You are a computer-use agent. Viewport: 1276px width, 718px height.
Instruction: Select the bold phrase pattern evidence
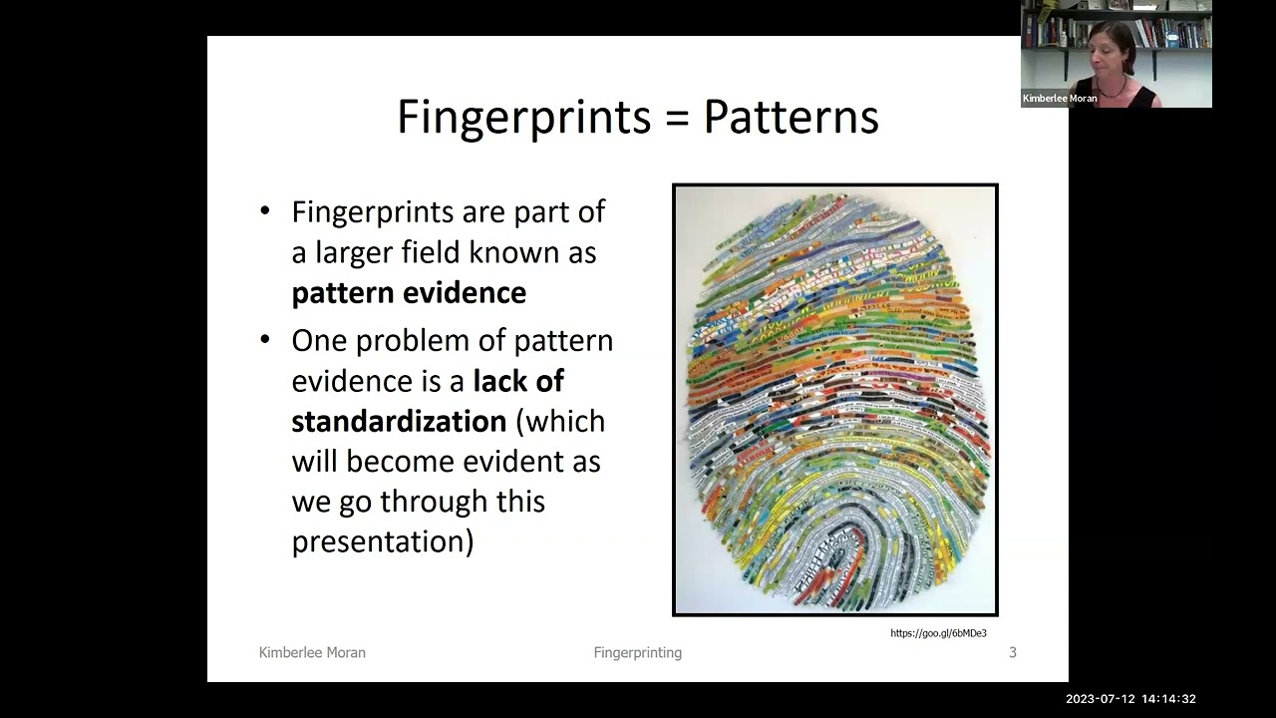coord(409,293)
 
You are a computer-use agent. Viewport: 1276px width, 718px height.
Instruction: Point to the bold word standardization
coord(399,421)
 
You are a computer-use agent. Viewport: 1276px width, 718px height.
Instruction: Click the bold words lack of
coord(518,381)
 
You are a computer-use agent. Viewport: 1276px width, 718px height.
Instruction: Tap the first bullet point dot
coord(265,211)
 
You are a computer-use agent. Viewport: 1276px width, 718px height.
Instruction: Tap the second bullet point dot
coord(265,340)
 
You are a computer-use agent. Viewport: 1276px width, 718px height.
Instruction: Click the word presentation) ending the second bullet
coord(382,541)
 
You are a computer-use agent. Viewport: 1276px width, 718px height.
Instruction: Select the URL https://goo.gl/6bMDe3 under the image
coord(938,633)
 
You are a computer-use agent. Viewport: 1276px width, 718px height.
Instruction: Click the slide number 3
coord(1013,652)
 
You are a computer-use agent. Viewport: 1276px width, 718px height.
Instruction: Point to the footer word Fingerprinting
coord(638,652)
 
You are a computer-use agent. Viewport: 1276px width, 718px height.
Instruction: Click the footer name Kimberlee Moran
coord(312,652)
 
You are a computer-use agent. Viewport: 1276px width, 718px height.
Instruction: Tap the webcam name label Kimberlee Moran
coord(1060,99)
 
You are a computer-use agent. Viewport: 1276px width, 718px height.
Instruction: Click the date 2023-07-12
coord(1100,699)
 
